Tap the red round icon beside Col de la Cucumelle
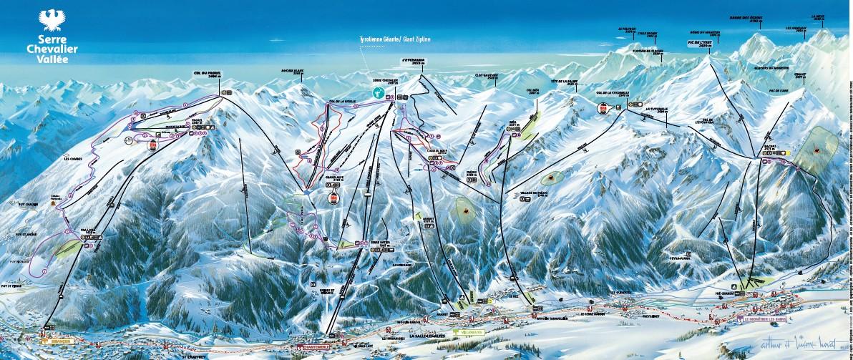click(x=603, y=108)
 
